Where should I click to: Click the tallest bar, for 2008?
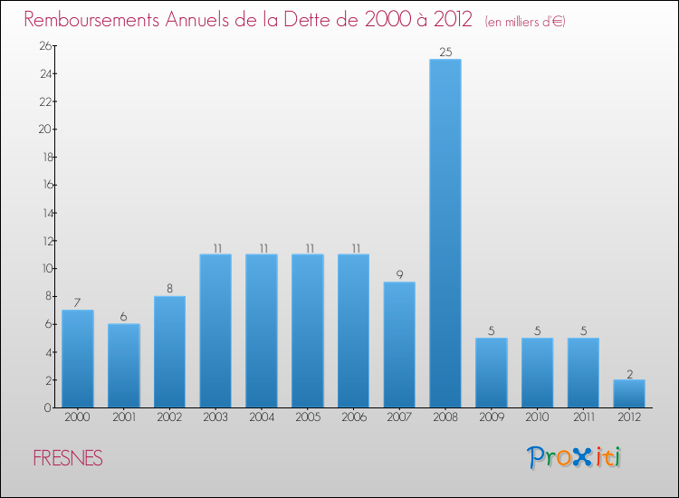[x=445, y=234]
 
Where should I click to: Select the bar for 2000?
[x=78, y=359]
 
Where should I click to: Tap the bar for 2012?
[x=629, y=394]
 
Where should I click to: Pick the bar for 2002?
[x=169, y=352]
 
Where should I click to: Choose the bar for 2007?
[x=399, y=345]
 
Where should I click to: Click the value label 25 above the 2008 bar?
[x=445, y=52]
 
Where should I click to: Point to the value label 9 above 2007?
[x=399, y=274]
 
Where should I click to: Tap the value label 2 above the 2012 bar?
[x=629, y=372]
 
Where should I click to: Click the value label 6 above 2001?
[x=123, y=316]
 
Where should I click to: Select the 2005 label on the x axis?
[x=307, y=417]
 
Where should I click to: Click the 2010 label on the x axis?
[x=537, y=417]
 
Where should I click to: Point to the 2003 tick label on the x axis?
[x=215, y=417]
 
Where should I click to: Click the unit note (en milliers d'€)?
[x=525, y=22]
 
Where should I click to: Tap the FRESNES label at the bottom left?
[x=68, y=459]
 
